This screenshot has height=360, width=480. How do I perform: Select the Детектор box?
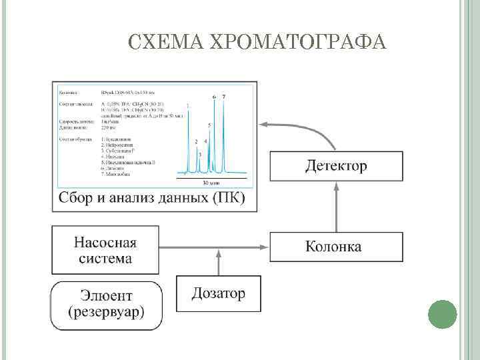coord(336,167)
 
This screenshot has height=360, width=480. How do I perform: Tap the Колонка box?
coord(336,246)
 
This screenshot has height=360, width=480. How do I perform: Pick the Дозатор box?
coord(218,293)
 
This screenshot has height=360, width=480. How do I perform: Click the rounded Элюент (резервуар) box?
coord(107,305)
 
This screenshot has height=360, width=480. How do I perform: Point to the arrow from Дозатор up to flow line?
coord(218,261)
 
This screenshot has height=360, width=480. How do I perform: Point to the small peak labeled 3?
coord(200,155)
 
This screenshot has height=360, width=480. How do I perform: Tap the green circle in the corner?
coord(441,313)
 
